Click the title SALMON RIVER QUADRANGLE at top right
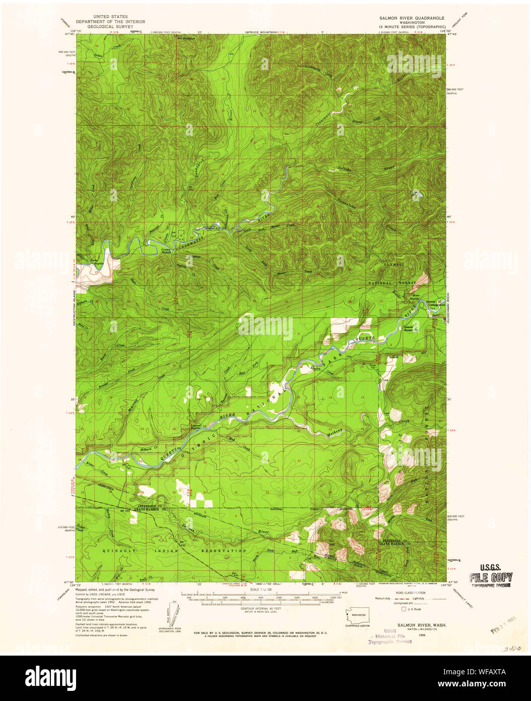412,17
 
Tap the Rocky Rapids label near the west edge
91,261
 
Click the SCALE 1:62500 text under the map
266,589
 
